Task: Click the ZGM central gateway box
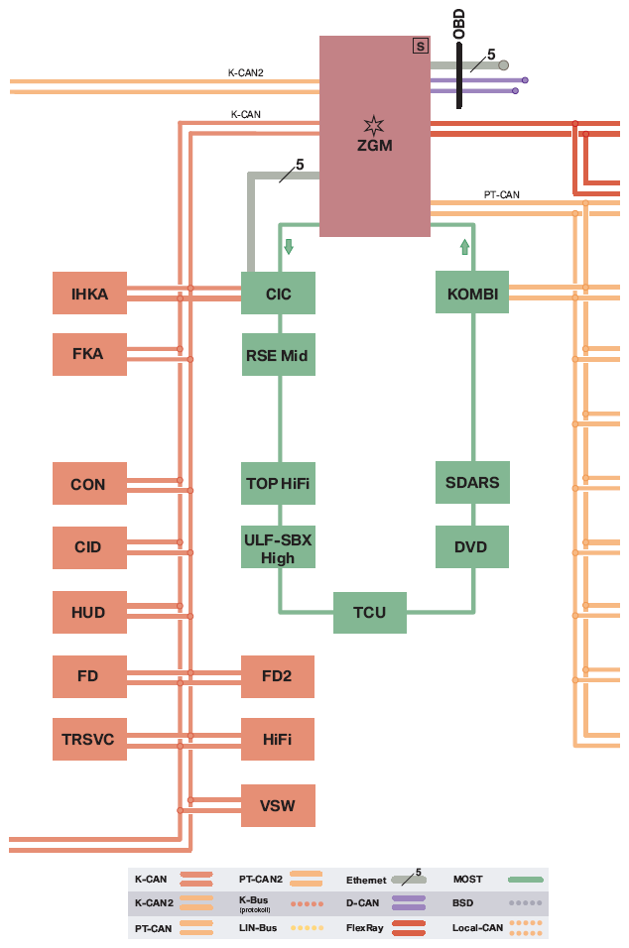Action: (x=374, y=136)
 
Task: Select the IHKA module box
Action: (x=89, y=294)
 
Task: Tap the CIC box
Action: (x=278, y=294)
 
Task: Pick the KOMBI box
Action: (x=472, y=293)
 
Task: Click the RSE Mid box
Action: (x=278, y=354)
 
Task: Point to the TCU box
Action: (x=369, y=613)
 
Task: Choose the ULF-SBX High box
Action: (x=278, y=547)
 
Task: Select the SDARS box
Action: (x=472, y=483)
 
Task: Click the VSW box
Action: (x=278, y=805)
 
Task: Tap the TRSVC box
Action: (x=89, y=739)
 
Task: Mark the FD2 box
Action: (x=278, y=676)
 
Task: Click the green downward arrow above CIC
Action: (x=289, y=246)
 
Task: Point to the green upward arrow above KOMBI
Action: (x=464, y=247)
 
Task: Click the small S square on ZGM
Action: (x=421, y=46)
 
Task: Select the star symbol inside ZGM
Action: (x=374, y=125)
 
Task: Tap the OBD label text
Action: (x=459, y=24)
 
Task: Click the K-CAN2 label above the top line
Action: (x=246, y=72)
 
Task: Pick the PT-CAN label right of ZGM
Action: (x=501, y=194)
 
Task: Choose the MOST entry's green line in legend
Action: (x=525, y=880)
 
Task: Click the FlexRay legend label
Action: (x=365, y=927)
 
